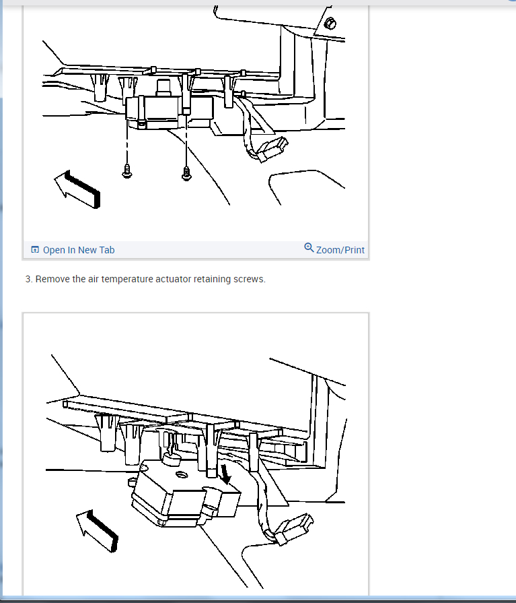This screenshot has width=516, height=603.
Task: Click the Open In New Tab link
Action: pos(79,250)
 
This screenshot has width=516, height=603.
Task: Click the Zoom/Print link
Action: pos(340,250)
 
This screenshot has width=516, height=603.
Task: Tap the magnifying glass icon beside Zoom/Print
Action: pos(309,248)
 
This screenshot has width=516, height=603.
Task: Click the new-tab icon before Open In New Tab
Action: pos(35,249)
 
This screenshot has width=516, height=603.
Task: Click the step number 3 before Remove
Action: pos(29,279)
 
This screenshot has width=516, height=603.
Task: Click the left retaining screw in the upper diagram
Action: pos(126,172)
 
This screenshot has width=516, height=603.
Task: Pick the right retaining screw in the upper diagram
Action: pos(186,174)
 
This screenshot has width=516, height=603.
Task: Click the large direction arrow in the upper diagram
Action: pos(78,189)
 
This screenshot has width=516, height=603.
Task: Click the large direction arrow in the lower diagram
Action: pos(98,531)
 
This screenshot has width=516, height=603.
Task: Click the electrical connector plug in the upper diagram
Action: pos(272,149)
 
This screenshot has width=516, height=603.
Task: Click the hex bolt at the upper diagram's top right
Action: pos(330,24)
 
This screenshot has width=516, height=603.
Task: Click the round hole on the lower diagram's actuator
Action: pos(182,475)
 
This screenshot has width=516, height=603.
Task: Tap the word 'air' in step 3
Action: pos(94,279)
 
